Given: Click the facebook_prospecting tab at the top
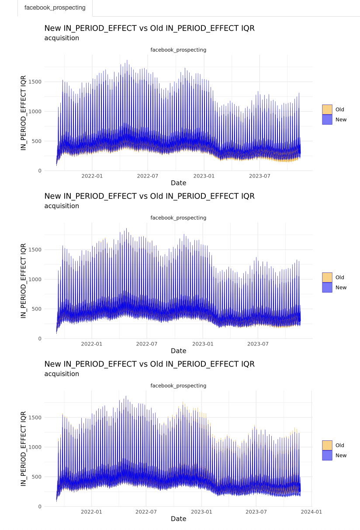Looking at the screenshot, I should pos(55,8).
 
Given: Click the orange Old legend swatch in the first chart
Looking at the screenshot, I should pos(327,109).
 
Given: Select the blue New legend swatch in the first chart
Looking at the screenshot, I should pos(327,119).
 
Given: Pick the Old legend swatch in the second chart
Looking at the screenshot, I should pos(327,277).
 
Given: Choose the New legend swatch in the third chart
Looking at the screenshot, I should pos(327,455).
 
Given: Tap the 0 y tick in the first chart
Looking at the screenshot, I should pos(40,171).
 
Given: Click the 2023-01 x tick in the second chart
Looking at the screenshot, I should pos(204,344).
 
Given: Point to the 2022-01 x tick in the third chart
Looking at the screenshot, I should pos(91,512).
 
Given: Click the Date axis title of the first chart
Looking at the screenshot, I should pos(178,183).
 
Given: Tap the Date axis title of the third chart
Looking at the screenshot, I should pos(178,519).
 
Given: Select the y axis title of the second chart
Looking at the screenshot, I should pos(24,281).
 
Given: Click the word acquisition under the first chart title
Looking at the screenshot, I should pos(62,38).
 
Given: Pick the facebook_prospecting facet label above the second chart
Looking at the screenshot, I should pos(178,218).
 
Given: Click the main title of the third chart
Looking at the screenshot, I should pos(149,364).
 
